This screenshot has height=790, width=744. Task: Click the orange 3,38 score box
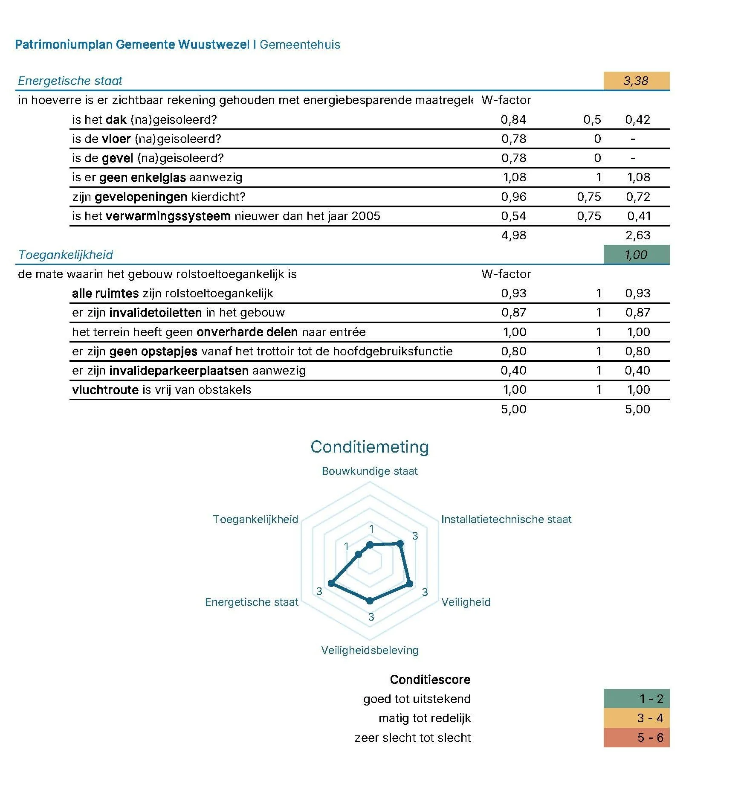click(636, 81)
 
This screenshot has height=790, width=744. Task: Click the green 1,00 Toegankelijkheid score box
click(636, 255)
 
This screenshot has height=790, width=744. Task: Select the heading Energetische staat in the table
click(70, 81)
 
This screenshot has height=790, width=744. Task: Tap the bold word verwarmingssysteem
click(168, 216)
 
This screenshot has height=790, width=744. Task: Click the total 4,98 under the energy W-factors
click(513, 235)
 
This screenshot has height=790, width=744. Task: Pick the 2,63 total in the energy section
click(637, 235)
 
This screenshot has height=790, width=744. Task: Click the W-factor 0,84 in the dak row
click(513, 119)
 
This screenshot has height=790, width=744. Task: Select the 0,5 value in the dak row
click(592, 119)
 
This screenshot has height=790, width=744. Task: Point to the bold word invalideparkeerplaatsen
click(179, 370)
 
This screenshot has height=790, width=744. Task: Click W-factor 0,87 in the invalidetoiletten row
click(513, 312)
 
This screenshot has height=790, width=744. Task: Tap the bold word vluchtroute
click(105, 389)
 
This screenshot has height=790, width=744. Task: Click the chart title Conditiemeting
click(370, 447)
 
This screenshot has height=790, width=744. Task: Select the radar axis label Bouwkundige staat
click(370, 471)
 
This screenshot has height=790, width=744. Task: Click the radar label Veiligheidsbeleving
click(370, 650)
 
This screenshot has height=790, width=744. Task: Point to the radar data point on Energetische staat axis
click(331, 583)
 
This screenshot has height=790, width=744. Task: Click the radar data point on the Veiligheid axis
click(409, 584)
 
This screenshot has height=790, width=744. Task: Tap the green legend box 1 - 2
click(636, 699)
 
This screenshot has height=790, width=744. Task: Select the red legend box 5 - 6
click(636, 738)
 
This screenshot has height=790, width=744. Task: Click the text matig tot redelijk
click(425, 718)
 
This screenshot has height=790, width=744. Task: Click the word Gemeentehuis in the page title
click(300, 44)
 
